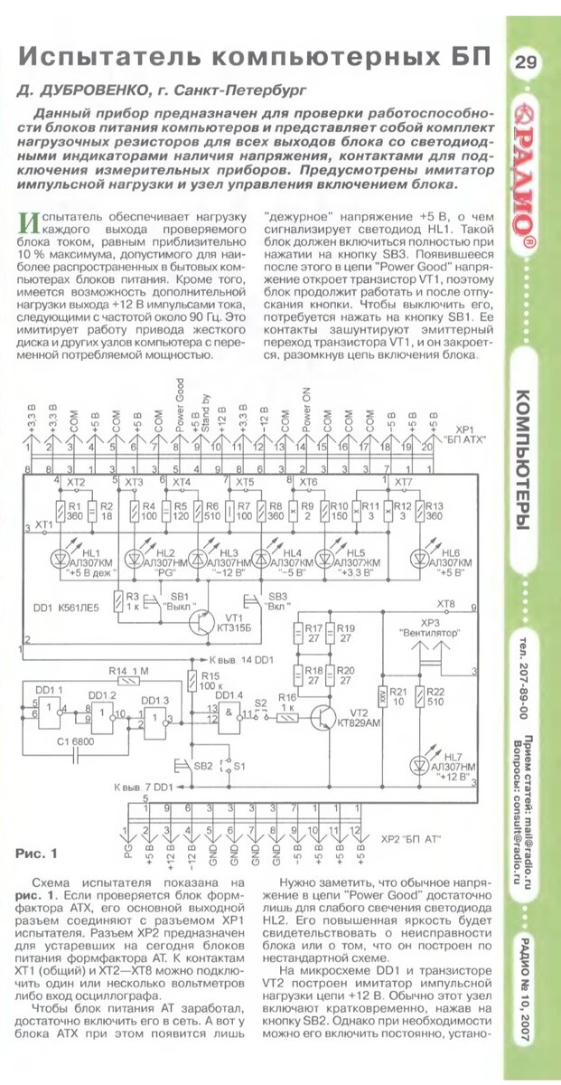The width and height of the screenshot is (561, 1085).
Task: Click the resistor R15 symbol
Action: click(192, 680)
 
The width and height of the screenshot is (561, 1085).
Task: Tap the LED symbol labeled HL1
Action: click(61, 553)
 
